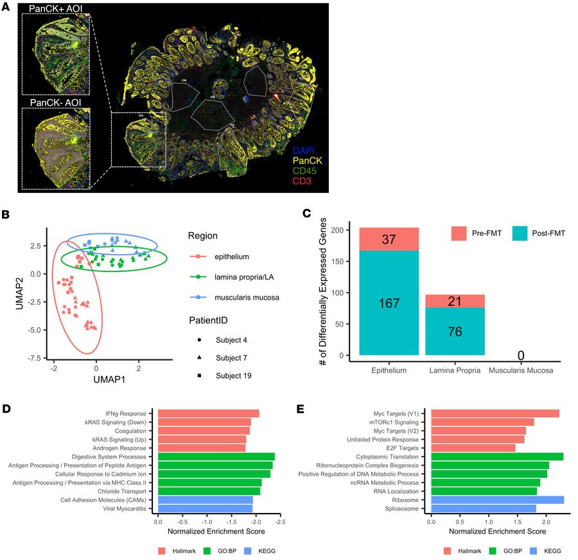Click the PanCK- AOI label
coord(54,102)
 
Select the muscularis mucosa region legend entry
coord(232,298)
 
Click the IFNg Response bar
coord(209,413)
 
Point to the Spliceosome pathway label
coord(404,509)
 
